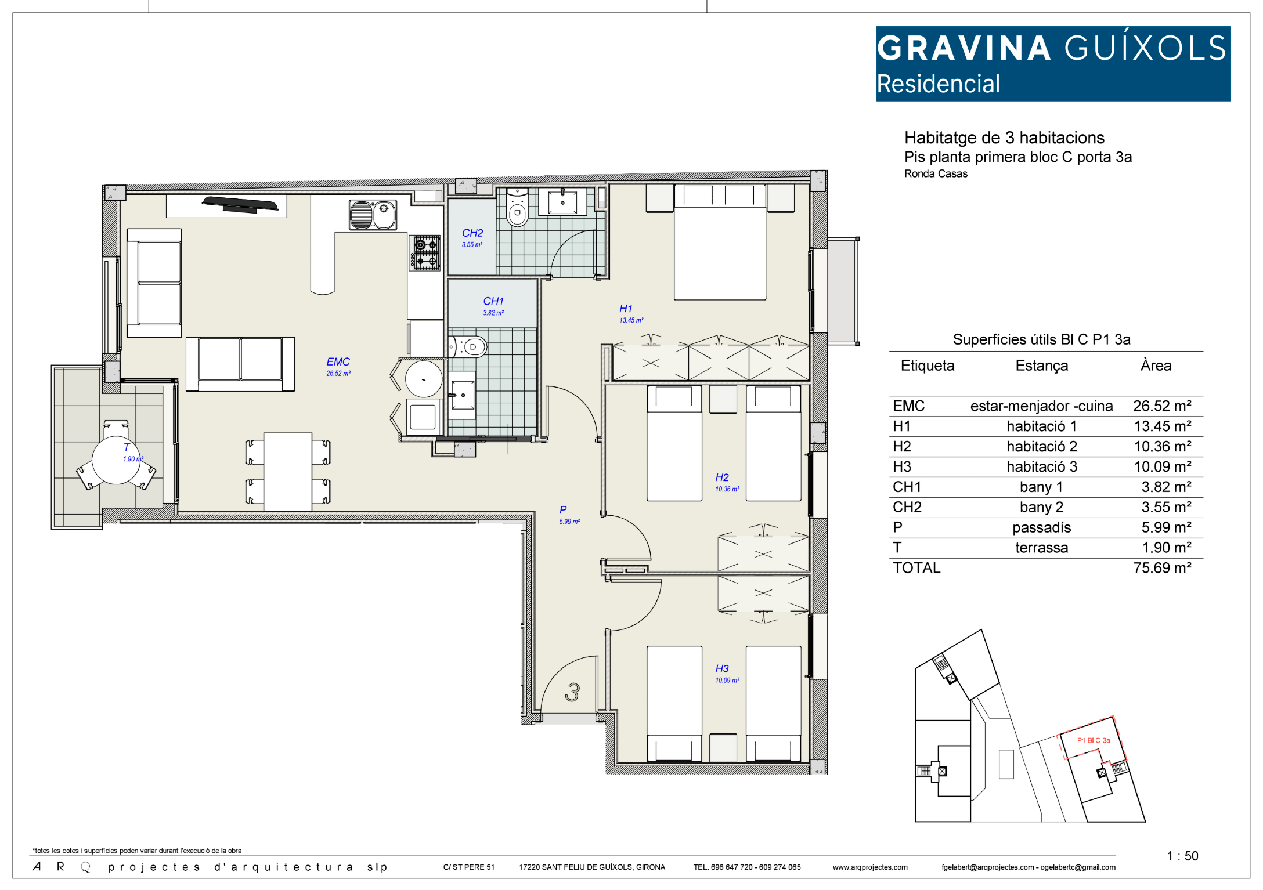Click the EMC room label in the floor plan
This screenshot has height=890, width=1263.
pyautogui.click(x=338, y=361)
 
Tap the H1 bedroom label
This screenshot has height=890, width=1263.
pyautogui.click(x=626, y=309)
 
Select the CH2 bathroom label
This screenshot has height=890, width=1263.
pyautogui.click(x=472, y=233)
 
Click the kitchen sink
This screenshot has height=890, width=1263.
pyautogui.click(x=373, y=215)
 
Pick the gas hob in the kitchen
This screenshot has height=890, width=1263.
pyautogui.click(x=426, y=252)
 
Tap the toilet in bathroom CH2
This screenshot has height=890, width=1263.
pyautogui.click(x=517, y=207)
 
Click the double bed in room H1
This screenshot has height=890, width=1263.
pyautogui.click(x=720, y=242)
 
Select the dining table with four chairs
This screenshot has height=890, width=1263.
pyautogui.click(x=288, y=472)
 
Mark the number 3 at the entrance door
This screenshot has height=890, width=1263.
pyautogui.click(x=572, y=692)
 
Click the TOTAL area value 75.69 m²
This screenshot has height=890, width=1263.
pyautogui.click(x=1162, y=567)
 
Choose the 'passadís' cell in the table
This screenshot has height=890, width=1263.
pyautogui.click(x=1041, y=527)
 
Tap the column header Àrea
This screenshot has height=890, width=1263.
pyautogui.click(x=1156, y=365)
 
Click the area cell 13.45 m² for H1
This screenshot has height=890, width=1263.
pyautogui.click(x=1163, y=426)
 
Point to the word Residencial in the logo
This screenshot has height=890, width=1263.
pyautogui.click(x=938, y=84)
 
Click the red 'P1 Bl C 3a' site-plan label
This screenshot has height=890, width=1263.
pyautogui.click(x=1094, y=740)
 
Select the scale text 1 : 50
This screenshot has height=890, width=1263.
pyautogui.click(x=1182, y=856)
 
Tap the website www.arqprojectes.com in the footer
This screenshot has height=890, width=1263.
pyautogui.click(x=870, y=867)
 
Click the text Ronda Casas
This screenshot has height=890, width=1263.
pyautogui.click(x=936, y=173)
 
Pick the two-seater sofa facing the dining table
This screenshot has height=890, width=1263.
pyautogui.click(x=240, y=364)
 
